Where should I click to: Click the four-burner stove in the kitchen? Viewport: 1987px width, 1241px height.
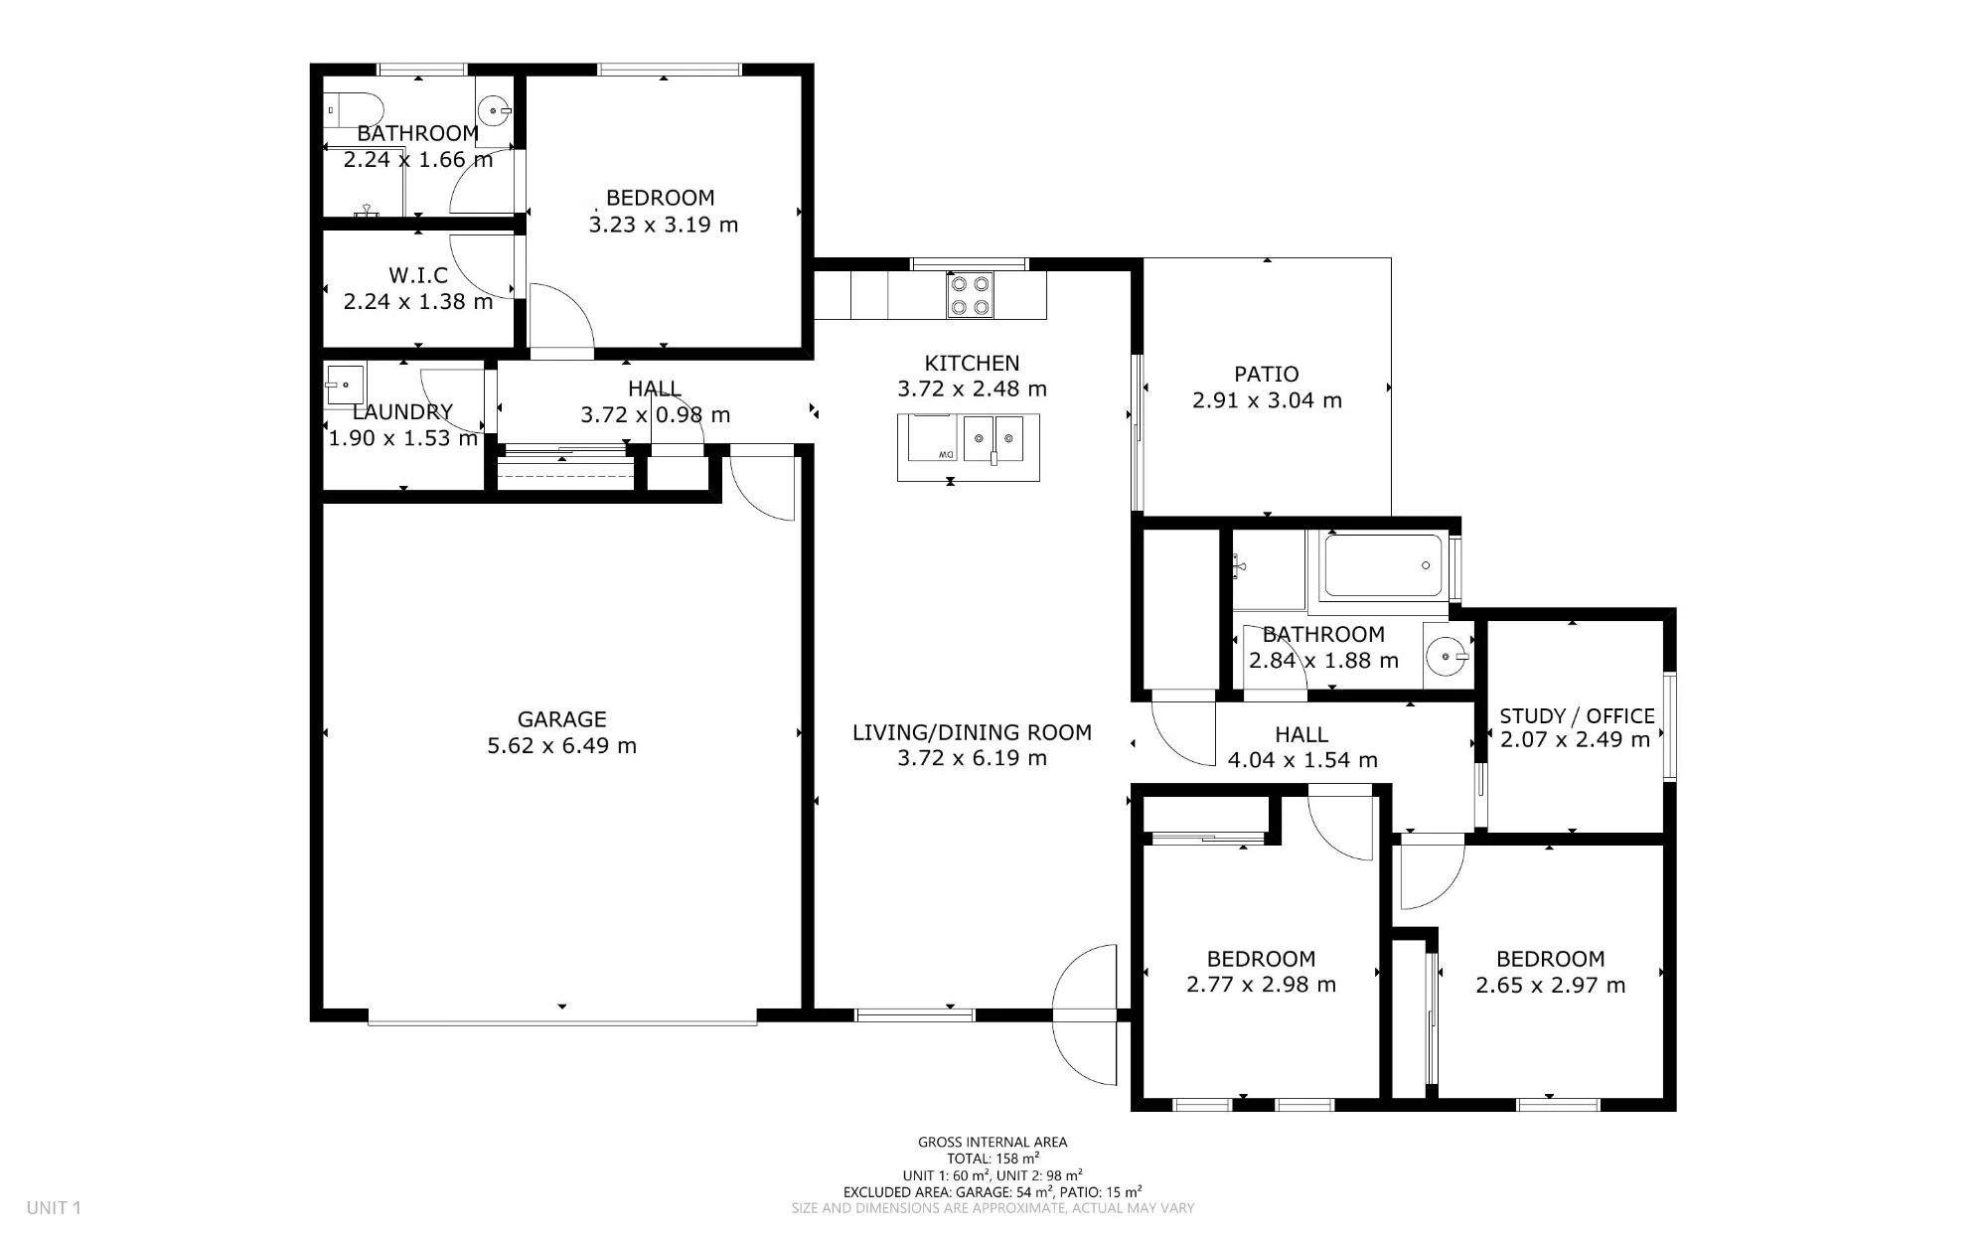[x=971, y=295]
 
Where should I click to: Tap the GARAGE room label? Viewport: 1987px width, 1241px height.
[x=561, y=719]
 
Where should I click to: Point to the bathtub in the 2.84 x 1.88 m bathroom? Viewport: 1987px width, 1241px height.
[x=1384, y=566]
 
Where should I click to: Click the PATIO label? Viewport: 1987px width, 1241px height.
[x=1267, y=375]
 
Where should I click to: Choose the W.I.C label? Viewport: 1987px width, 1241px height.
[x=418, y=275]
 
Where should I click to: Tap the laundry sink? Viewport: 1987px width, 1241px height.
[x=345, y=384]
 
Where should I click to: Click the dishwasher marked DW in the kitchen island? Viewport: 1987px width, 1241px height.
[x=932, y=438]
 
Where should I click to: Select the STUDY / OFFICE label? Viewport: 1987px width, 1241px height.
[x=1577, y=715]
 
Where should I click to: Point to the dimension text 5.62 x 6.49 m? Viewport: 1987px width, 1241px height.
[x=561, y=746]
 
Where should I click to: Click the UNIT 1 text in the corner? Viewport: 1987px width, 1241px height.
[x=54, y=1208]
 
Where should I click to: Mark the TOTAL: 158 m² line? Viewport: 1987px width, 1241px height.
[x=993, y=1159]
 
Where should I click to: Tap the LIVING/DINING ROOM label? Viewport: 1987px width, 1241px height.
[x=972, y=732]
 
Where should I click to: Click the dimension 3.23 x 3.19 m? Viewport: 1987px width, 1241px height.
[x=664, y=225]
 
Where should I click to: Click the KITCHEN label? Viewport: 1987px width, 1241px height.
[x=972, y=364]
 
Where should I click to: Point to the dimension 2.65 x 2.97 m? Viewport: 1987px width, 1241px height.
[x=1551, y=986]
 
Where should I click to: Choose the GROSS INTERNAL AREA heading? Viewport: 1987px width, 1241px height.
[x=993, y=1143]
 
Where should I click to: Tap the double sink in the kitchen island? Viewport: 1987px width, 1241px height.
[x=993, y=439]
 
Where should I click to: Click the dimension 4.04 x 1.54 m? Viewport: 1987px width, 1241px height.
[x=1302, y=761]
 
